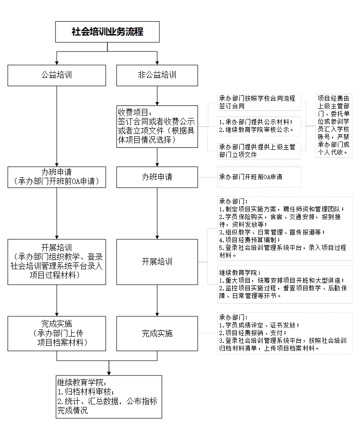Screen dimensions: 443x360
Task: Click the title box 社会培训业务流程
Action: click(108, 32)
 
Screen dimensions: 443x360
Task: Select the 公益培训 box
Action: click(57, 75)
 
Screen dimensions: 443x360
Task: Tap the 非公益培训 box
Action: click(157, 75)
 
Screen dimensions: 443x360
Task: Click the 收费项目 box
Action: click(157, 126)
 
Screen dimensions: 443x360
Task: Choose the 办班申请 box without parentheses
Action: click(157, 177)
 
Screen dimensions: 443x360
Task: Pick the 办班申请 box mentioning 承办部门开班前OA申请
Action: click(57, 177)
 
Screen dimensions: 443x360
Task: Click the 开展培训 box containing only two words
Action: click(157, 261)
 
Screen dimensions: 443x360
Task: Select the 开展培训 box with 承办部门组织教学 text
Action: click(57, 261)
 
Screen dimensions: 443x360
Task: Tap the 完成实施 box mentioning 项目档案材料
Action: click(57, 333)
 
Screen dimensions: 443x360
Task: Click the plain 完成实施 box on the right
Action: click(157, 333)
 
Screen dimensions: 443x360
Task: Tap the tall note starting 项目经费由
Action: click(334, 126)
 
